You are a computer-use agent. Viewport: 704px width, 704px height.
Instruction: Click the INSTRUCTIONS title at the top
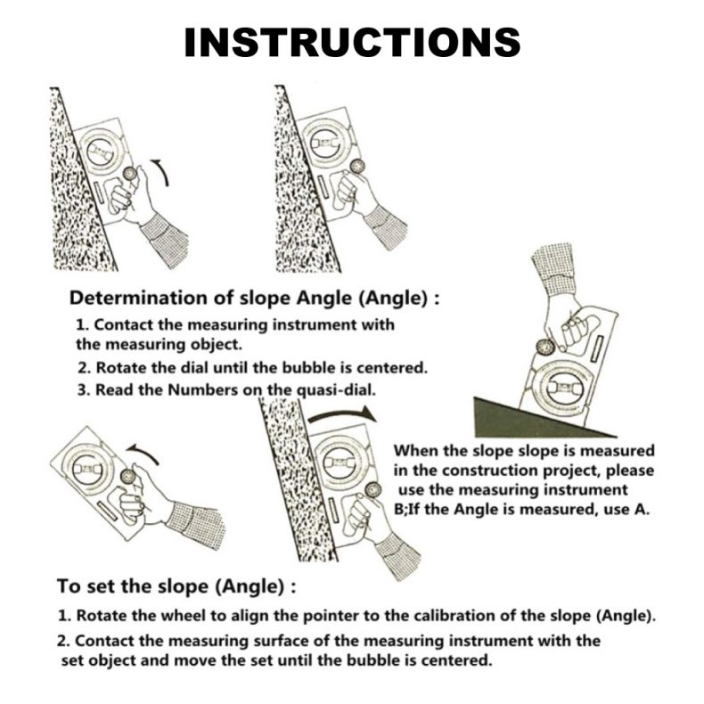(353, 42)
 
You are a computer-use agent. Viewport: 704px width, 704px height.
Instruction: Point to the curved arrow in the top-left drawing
(161, 172)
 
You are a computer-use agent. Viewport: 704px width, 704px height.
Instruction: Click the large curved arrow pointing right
(341, 413)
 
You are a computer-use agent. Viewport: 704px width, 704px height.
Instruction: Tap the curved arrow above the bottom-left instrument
(143, 453)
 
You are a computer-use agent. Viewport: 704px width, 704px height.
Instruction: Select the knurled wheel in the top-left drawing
(131, 174)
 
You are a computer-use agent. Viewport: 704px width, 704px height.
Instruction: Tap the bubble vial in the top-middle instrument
(324, 143)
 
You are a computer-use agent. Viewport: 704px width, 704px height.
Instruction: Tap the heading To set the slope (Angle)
(176, 587)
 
